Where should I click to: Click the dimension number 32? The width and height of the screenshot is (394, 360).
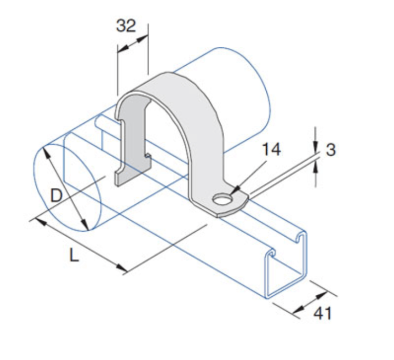126,25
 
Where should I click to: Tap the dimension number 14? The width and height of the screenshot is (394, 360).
271,150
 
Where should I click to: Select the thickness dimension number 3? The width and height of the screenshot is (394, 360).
331,150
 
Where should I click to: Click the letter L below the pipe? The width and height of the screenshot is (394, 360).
74,255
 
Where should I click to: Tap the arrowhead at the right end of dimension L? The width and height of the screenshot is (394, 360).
122,268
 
